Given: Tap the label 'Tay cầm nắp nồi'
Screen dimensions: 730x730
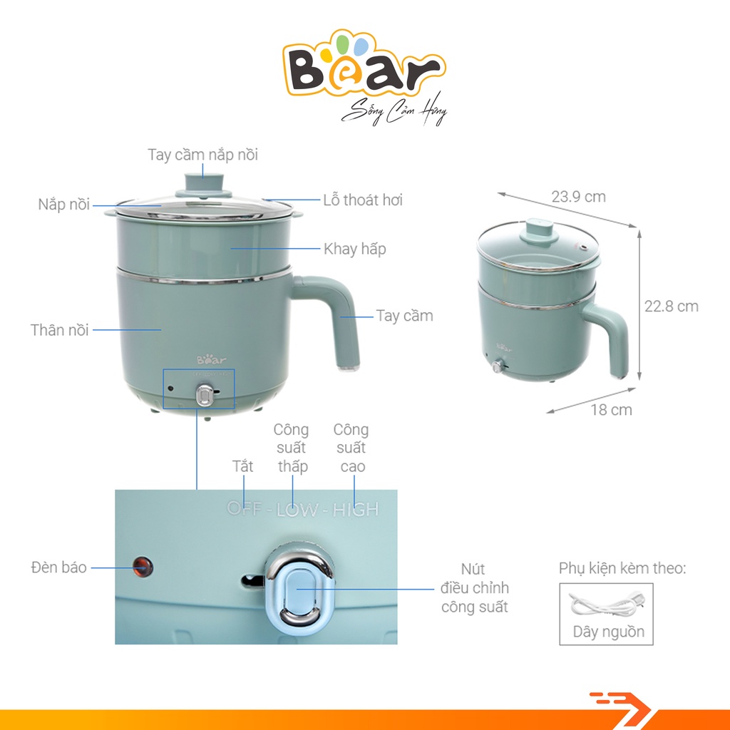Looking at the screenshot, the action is (203, 154).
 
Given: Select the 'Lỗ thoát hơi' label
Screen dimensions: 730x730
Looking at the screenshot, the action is (363, 200).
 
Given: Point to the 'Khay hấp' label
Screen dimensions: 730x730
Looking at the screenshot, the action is (355, 249).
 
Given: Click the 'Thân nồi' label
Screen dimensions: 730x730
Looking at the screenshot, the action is (60, 330).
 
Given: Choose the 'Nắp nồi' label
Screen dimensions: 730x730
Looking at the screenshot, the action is (64, 205).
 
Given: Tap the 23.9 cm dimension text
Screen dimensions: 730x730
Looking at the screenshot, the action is (578, 196).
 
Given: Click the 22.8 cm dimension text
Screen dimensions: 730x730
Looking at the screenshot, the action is (672, 307).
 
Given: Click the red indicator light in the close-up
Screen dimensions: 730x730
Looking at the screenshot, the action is (142, 567).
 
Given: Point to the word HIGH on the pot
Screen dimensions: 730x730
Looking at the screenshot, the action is (355, 509).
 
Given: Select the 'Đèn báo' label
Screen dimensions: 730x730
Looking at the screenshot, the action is (59, 567).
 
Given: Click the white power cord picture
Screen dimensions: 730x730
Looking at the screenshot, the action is (605, 605).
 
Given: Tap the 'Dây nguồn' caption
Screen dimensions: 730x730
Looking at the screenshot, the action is (608, 632).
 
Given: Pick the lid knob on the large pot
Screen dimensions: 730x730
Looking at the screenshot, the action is (202, 184).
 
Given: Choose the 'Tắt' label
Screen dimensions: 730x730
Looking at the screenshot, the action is (242, 467).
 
